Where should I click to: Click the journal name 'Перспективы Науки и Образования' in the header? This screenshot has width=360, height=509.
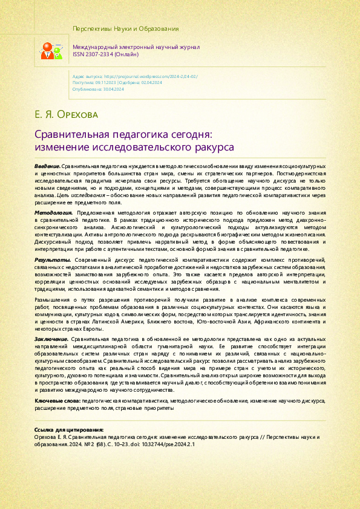click(x=125, y=28)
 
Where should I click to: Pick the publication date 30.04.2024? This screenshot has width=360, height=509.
click(x=111, y=88)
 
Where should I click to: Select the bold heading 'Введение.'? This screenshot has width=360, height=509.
click(x=47, y=165)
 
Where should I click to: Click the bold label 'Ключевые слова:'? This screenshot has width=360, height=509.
click(x=58, y=384)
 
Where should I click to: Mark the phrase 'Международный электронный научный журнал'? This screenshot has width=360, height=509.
click(x=136, y=47)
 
